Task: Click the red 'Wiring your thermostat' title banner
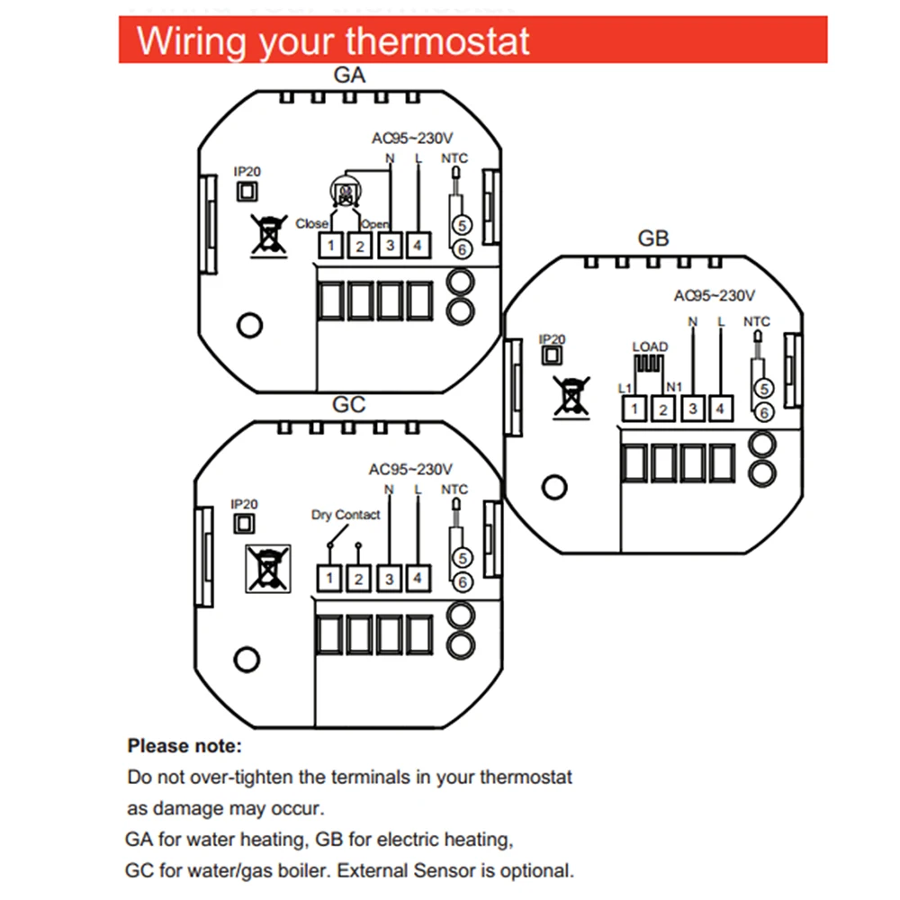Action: (x=472, y=41)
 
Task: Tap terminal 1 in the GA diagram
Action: (x=331, y=245)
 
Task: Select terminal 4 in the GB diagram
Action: (x=720, y=409)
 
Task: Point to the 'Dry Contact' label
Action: (x=346, y=515)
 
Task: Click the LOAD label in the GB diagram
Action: (x=650, y=346)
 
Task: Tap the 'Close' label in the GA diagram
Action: (x=311, y=223)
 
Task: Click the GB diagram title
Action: (x=653, y=239)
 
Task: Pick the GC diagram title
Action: (x=349, y=405)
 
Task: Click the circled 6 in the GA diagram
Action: (x=461, y=249)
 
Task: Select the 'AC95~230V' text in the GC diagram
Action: (x=410, y=469)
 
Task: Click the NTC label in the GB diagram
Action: (x=757, y=321)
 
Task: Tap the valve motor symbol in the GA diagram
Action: (x=341, y=190)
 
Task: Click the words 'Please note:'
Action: (x=184, y=746)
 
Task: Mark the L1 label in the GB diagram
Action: (x=625, y=388)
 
